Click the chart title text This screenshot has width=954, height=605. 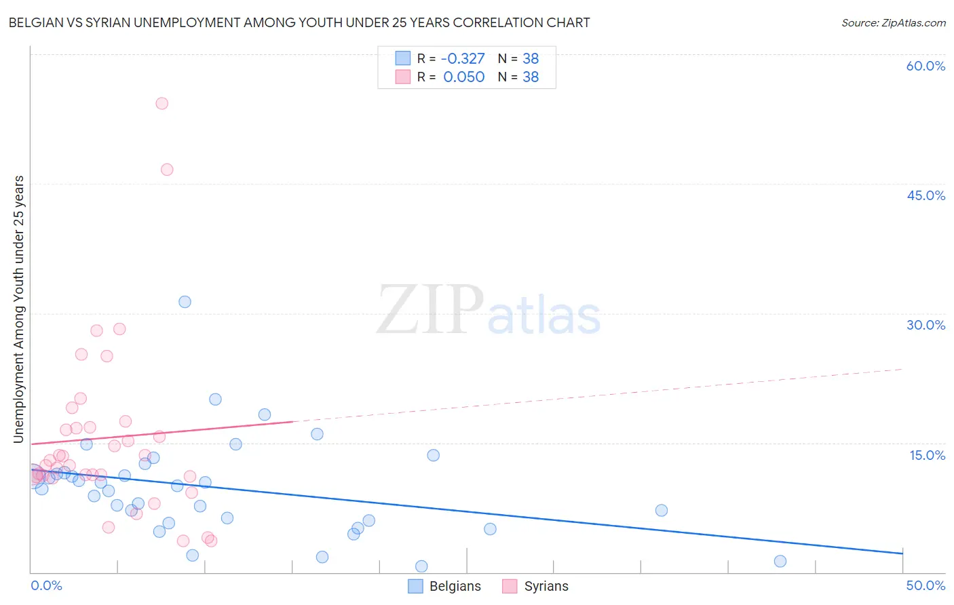[x=299, y=22]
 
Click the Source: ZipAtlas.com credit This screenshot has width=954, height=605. [x=893, y=22]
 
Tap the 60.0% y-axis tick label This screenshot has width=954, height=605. [x=926, y=66]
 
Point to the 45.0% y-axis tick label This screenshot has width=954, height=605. [x=926, y=195]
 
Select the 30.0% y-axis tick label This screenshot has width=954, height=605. [x=926, y=325]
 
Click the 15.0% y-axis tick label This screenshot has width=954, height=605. [x=927, y=455]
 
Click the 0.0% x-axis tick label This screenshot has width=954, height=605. [x=46, y=585]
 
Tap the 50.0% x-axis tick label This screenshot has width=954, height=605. [x=926, y=585]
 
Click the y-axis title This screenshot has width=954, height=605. [x=18, y=309]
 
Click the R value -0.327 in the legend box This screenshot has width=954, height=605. [x=463, y=59]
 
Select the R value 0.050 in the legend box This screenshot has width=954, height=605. [x=464, y=77]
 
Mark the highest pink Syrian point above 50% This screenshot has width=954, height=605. [x=161, y=104]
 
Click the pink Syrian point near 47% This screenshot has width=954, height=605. [x=167, y=170]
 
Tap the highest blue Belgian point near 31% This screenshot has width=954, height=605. [x=185, y=302]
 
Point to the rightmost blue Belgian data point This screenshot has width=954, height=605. [x=780, y=561]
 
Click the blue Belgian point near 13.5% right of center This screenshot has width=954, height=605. [x=434, y=455]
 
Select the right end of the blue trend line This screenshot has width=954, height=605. [x=902, y=553]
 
